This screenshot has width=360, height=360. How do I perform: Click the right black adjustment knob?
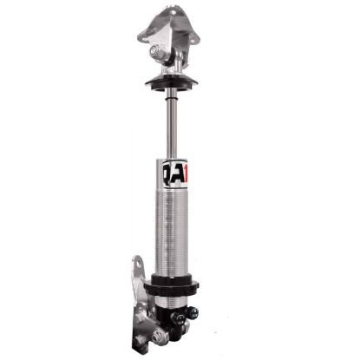(193, 312)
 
